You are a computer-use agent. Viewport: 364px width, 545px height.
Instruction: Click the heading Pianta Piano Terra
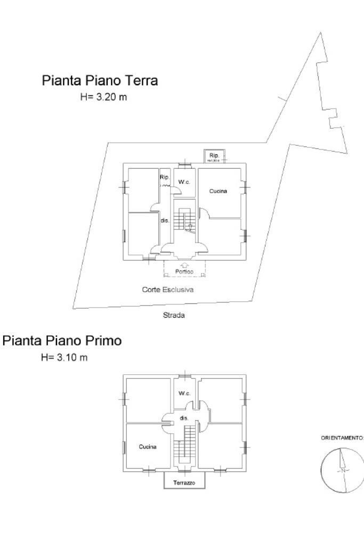(100, 81)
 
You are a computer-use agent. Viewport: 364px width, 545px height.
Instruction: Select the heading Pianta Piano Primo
(62, 341)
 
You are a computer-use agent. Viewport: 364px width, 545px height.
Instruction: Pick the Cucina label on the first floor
(148, 447)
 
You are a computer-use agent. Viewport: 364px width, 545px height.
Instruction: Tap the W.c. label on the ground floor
(184, 182)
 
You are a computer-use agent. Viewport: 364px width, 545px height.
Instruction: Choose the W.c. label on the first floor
(184, 393)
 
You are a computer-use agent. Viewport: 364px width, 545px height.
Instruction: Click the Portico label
(184, 272)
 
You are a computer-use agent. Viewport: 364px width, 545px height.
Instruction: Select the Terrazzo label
(184, 483)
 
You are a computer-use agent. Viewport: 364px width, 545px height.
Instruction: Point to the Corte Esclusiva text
(167, 290)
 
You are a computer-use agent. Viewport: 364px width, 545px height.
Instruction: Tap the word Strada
(174, 315)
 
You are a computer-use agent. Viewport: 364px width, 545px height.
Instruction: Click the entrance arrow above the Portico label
(184, 265)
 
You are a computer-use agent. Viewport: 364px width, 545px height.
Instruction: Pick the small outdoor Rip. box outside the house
(214, 156)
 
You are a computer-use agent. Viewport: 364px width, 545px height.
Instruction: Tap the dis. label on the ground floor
(165, 220)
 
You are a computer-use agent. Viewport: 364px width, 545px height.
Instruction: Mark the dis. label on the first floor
(184, 418)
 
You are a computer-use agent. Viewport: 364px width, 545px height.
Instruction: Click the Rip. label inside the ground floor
(165, 177)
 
